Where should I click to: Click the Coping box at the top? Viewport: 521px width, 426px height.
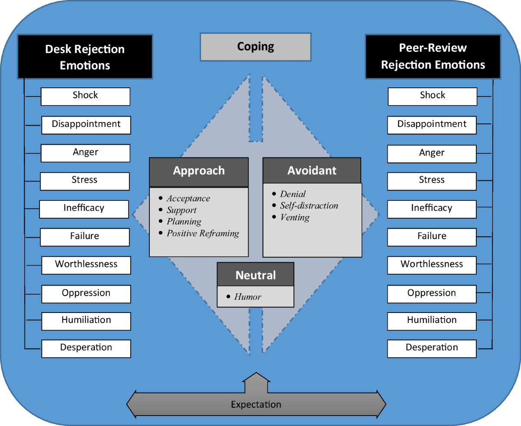pos(255,47)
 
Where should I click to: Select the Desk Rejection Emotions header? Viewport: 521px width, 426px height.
pos(85,57)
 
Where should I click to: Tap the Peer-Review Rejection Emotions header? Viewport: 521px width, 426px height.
pos(433,57)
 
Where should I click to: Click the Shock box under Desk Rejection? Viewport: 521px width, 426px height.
pos(86,96)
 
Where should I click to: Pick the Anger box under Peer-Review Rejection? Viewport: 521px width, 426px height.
pos(432,153)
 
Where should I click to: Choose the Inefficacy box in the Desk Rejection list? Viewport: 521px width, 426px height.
pos(84,209)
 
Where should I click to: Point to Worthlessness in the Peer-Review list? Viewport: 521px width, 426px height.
pos(432,265)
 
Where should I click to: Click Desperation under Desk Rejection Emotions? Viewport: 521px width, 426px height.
pos(86,348)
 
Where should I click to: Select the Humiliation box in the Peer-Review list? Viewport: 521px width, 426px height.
pos(432,320)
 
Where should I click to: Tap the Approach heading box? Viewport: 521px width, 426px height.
pos(199,171)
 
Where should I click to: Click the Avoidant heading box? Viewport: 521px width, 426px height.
pos(312,170)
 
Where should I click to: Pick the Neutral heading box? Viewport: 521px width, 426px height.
pos(255,275)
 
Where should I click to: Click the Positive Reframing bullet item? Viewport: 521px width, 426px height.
pos(203,234)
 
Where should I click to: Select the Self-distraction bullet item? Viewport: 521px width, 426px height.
pos(309,206)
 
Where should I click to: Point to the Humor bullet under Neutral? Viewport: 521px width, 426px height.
pos(247,297)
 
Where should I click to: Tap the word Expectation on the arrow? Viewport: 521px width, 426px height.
pos(256,405)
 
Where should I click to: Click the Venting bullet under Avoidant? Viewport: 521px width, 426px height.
pos(295,218)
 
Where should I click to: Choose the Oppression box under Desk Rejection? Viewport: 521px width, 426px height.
pos(86,293)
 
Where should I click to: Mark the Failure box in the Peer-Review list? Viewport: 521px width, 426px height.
pos(432,236)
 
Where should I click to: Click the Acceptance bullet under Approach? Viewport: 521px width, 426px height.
pos(188,199)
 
